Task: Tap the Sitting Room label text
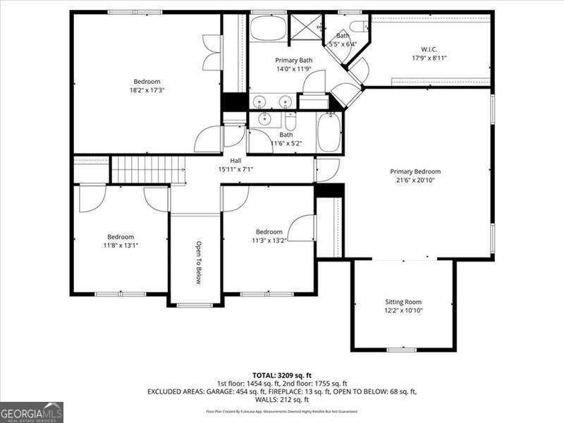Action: coord(403,302)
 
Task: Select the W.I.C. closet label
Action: coord(429,49)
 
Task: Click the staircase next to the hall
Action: coord(147,170)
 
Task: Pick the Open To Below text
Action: coord(199,263)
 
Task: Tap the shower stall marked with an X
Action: coord(305,28)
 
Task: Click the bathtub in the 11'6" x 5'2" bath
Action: coord(329,133)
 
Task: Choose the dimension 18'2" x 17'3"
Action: coord(147,90)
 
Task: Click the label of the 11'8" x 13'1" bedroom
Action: coord(120,237)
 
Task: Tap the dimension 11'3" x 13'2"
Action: coord(269,240)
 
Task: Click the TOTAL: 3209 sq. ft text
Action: coord(281,374)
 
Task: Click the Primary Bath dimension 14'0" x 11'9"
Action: coord(293,69)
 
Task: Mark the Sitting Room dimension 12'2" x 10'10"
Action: coord(403,310)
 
